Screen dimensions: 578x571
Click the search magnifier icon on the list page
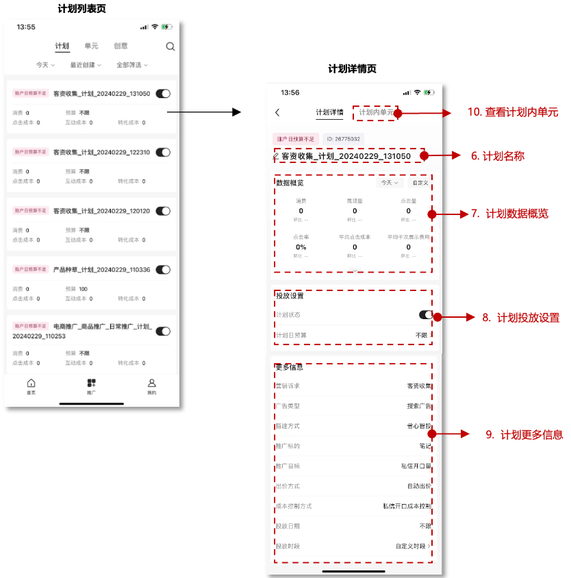coord(170,47)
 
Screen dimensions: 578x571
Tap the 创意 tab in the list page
coord(120,46)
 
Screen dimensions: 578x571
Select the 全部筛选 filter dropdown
coord(131,65)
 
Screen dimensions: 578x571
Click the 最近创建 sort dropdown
coord(86,65)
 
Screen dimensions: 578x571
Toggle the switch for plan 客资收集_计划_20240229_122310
coord(163,152)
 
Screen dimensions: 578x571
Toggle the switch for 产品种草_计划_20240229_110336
coord(163,270)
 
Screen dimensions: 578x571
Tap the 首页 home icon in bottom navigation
coord(31,386)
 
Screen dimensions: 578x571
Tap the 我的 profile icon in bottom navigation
coord(152,386)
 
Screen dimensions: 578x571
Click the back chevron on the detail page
coord(277,112)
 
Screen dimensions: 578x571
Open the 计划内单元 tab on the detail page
coord(376,112)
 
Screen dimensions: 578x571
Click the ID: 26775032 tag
coord(343,139)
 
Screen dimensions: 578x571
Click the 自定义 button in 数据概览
coord(419,183)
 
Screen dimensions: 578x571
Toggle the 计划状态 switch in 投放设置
coord(426,315)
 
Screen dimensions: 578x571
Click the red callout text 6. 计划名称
coord(498,156)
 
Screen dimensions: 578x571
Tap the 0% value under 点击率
coord(301,247)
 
